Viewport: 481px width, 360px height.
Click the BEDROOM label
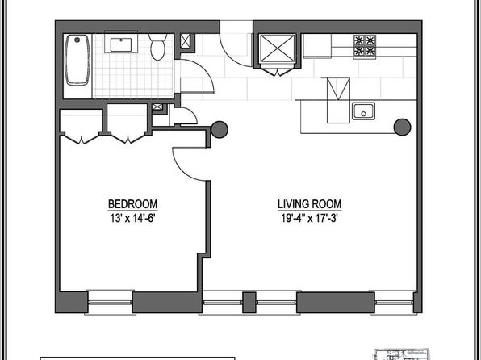click(x=133, y=204)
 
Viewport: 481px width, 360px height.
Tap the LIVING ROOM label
click(x=309, y=204)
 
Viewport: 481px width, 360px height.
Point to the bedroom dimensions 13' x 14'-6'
click(x=133, y=218)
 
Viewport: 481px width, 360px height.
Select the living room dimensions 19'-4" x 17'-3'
click(x=309, y=218)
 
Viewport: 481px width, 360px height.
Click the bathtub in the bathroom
click(x=77, y=60)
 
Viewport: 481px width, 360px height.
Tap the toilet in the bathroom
click(x=158, y=47)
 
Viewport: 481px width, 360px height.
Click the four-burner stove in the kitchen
click(x=365, y=45)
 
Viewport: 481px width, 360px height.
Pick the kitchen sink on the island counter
click(x=363, y=111)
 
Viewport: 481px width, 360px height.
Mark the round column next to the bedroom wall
click(x=220, y=129)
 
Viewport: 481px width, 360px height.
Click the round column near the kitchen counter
click(x=402, y=127)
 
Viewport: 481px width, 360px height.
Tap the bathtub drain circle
click(x=77, y=40)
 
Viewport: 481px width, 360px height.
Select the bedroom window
click(x=110, y=303)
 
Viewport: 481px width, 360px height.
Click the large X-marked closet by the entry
click(x=278, y=48)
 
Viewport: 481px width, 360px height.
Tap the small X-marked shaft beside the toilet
click(x=186, y=41)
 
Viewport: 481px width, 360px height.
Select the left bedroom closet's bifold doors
click(x=82, y=139)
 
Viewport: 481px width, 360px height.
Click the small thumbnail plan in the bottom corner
click(x=402, y=354)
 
